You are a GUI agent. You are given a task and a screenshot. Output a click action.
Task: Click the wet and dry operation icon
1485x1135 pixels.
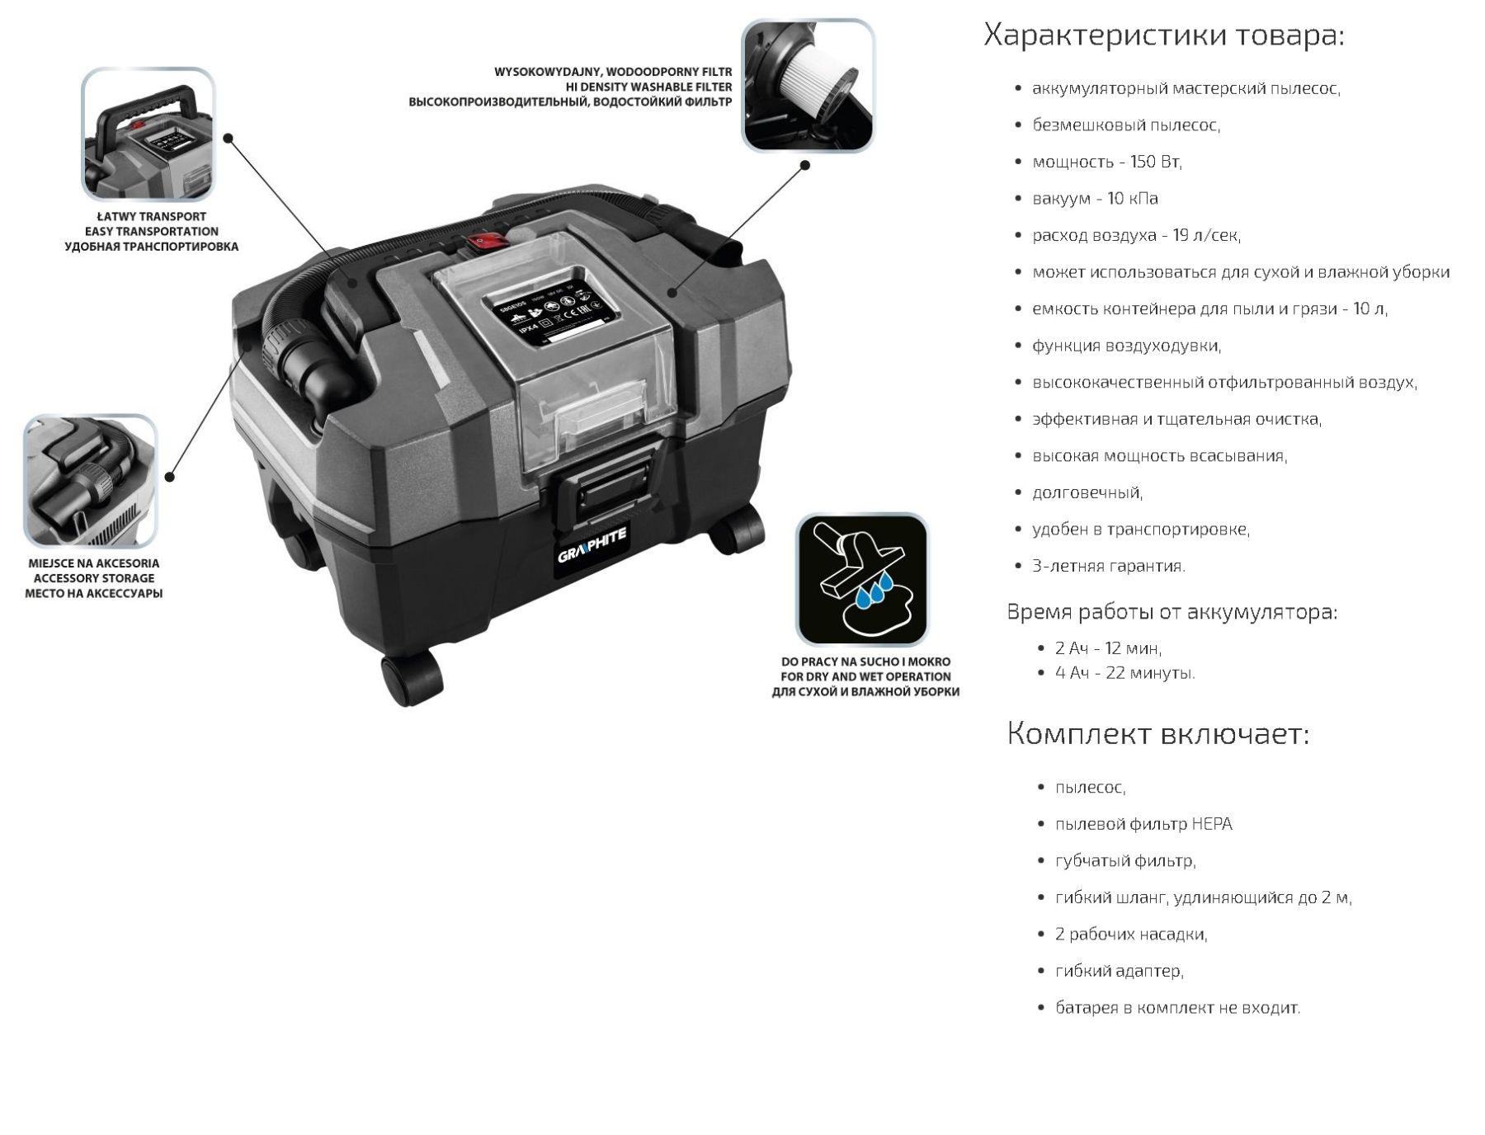click(862, 579)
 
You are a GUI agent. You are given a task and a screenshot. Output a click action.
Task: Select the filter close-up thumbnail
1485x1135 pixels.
click(808, 86)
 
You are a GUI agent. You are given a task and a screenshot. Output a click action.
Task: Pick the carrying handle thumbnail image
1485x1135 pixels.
click(148, 134)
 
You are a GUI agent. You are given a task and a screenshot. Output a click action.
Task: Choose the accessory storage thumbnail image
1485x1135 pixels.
click(90, 481)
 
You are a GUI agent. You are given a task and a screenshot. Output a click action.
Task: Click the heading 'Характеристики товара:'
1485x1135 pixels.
click(1164, 35)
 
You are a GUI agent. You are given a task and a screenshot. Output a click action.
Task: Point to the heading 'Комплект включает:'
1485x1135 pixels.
click(1157, 733)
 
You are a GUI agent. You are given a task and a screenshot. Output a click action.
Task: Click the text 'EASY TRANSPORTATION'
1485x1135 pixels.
click(152, 231)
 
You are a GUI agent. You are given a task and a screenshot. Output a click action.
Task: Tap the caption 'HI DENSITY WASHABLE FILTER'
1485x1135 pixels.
click(648, 87)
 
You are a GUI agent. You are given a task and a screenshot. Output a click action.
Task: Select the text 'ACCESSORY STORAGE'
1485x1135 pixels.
click(94, 578)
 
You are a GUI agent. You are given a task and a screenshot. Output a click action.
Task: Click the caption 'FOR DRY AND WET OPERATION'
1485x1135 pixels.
click(865, 676)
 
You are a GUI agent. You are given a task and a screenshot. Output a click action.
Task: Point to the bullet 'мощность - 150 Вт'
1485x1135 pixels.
click(1107, 162)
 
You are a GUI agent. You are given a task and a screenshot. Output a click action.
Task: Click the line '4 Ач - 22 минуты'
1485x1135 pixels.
click(1125, 673)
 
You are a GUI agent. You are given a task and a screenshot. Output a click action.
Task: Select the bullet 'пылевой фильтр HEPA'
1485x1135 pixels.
click(1143, 824)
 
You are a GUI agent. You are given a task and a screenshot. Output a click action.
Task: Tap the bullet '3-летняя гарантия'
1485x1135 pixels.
click(1109, 566)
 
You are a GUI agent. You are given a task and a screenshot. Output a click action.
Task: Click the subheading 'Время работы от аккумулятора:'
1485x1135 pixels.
click(1172, 612)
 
